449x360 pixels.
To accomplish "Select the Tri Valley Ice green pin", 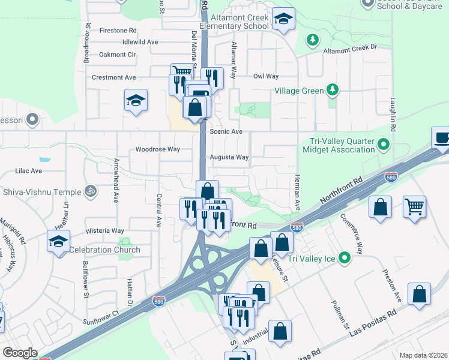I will click(345, 259).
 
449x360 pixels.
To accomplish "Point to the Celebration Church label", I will click(104, 250).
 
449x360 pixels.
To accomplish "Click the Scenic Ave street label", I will click(226, 131).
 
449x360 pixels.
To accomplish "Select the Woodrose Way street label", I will click(157, 149).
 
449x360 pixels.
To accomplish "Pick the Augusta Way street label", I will click(229, 157).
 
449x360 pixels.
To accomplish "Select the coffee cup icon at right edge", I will click(442, 138).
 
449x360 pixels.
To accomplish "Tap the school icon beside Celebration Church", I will click(59, 241).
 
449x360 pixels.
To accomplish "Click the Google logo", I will click(20, 353).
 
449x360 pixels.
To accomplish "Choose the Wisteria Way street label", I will click(105, 230).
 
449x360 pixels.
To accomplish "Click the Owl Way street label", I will click(266, 76).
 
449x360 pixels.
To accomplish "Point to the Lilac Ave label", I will click(28, 171).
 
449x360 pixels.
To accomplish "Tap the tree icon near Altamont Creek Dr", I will click(312, 40).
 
